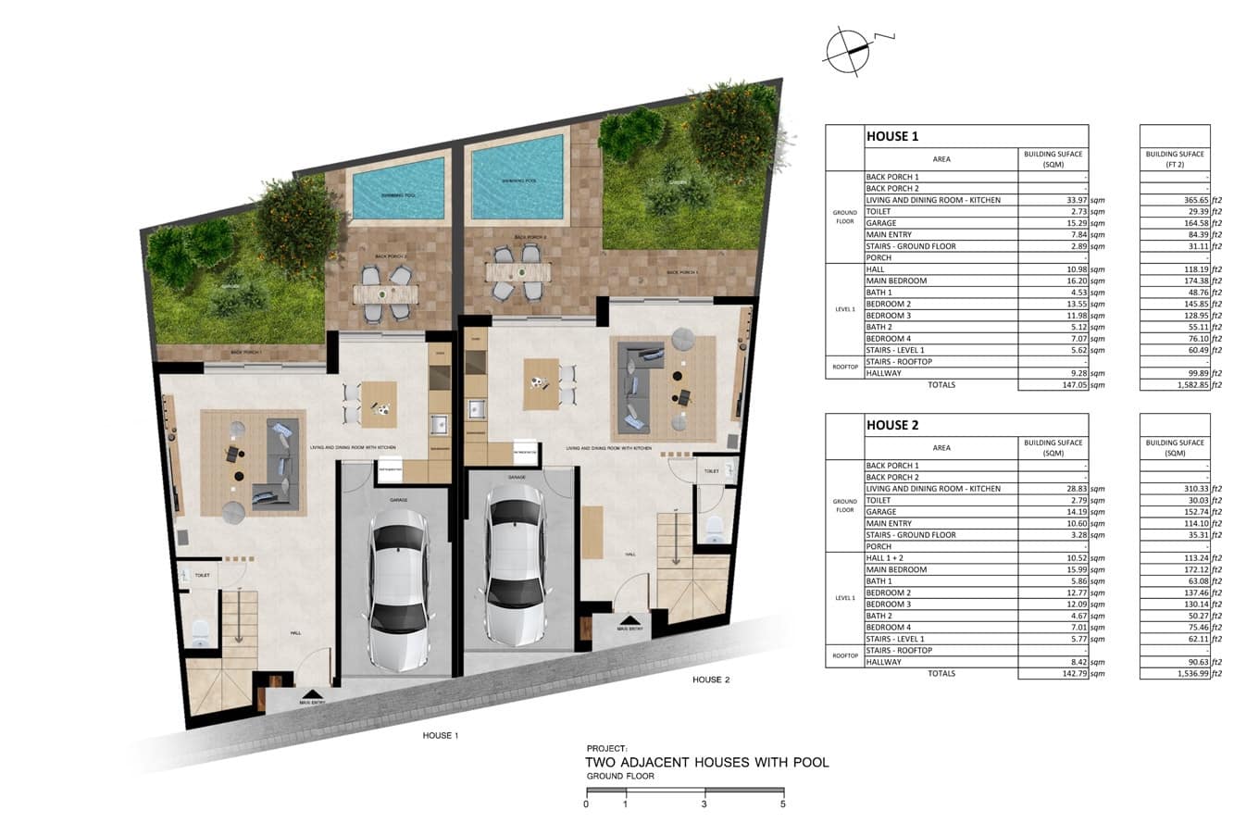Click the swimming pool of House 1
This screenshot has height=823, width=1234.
pyautogui.click(x=398, y=188)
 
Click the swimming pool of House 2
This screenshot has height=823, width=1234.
pyautogui.click(x=517, y=177)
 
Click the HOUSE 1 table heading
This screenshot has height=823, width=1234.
pyautogui.click(x=892, y=136)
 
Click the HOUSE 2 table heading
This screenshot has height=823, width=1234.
pyautogui.click(x=892, y=425)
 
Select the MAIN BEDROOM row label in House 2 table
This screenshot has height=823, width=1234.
pyautogui.click(x=895, y=569)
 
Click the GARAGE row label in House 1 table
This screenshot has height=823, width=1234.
pyautogui.click(x=881, y=223)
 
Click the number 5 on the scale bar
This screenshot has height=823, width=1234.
pyautogui.click(x=783, y=804)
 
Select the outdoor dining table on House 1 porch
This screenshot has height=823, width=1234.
pyautogui.click(x=386, y=294)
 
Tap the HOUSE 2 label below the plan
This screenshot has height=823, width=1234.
pyautogui.click(x=711, y=680)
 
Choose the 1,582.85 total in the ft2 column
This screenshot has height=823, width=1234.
pyautogui.click(x=1189, y=385)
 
